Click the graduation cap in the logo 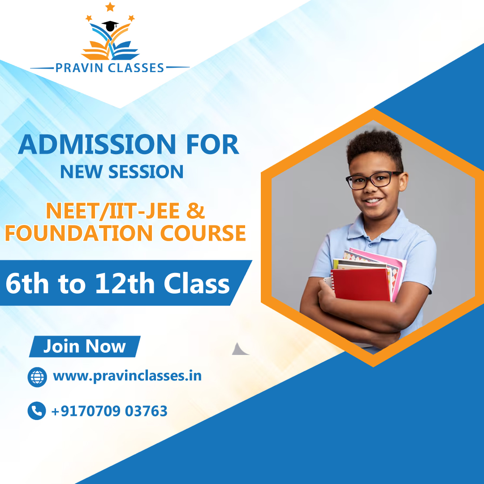click(110, 26)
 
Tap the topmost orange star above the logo click(110, 7)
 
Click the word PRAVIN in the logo click(79, 68)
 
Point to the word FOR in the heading click(212, 144)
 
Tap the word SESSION click(146, 172)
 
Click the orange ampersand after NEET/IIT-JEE click(195, 211)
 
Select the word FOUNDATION click(79, 233)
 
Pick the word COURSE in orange click(203, 233)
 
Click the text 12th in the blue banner click(125, 283)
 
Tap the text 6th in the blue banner click(27, 283)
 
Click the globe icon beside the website click(37, 377)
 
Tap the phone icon click(37, 411)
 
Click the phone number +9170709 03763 click(109, 411)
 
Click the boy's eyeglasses click(373, 180)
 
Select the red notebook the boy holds click(360, 285)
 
